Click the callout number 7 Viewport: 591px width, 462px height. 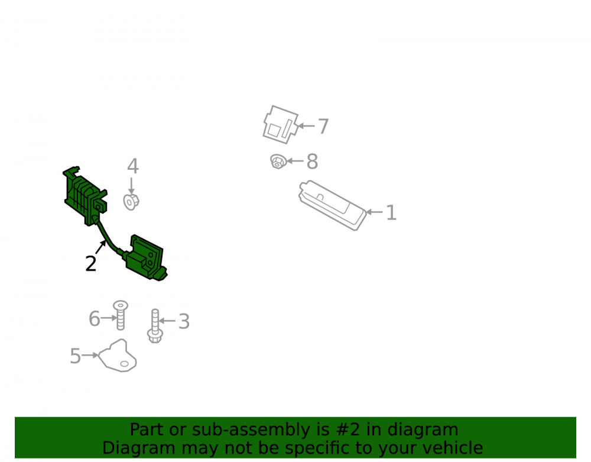(x=323, y=126)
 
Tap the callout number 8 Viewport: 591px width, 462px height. (x=312, y=161)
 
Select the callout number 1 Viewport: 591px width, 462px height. (x=391, y=212)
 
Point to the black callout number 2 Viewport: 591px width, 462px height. (x=91, y=263)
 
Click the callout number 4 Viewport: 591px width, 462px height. (x=132, y=166)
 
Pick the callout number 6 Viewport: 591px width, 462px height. (x=94, y=319)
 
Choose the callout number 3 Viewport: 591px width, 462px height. (x=184, y=321)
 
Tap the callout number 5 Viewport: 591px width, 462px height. (x=76, y=356)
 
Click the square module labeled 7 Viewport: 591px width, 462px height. (x=280, y=124)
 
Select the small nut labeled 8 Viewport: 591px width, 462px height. (x=278, y=161)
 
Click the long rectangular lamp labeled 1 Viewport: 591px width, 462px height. (x=332, y=205)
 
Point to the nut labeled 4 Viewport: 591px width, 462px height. (x=131, y=202)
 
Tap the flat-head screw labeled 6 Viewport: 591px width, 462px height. (x=121, y=315)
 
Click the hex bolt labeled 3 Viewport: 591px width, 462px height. (x=155, y=326)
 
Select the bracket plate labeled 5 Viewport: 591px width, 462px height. (x=118, y=356)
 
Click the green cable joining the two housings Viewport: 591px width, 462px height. (x=107, y=238)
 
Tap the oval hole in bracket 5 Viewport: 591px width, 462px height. (x=124, y=364)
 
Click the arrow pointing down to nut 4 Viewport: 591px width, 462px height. (x=131, y=186)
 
